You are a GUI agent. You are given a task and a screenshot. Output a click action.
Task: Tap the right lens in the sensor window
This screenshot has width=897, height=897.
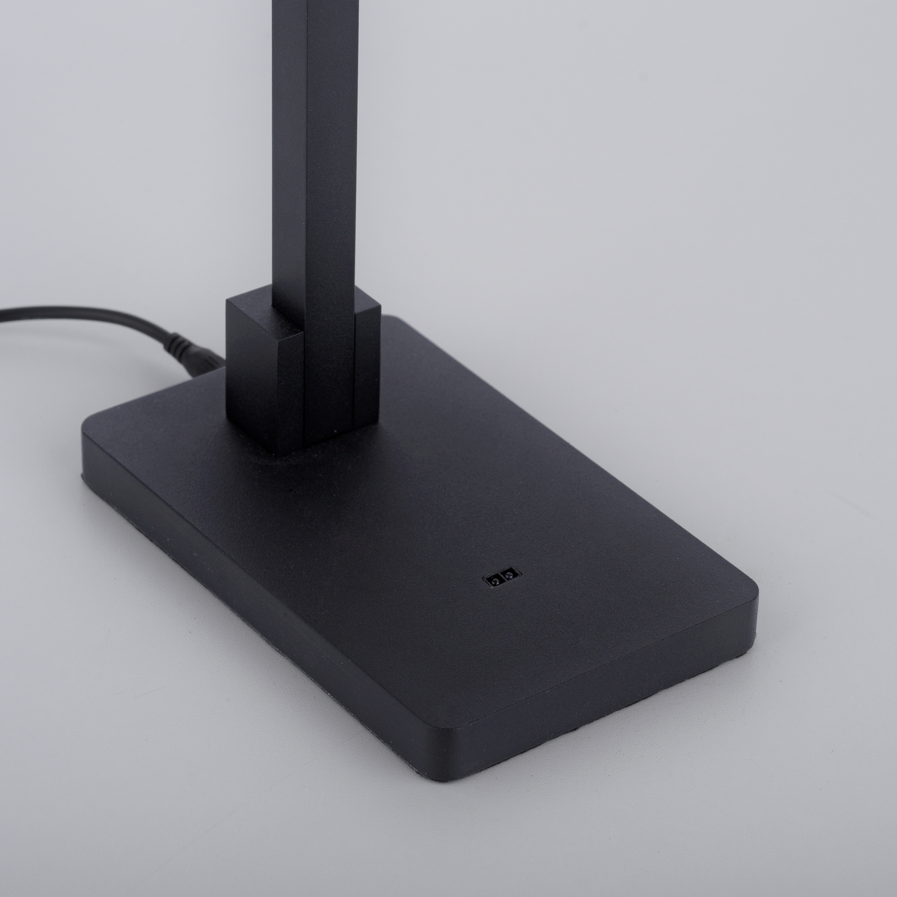coord(510,576)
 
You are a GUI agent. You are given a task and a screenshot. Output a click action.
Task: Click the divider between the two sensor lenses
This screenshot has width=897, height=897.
coord(502,577)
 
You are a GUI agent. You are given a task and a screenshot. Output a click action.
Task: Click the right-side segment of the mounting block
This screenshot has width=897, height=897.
coord(367,362)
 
